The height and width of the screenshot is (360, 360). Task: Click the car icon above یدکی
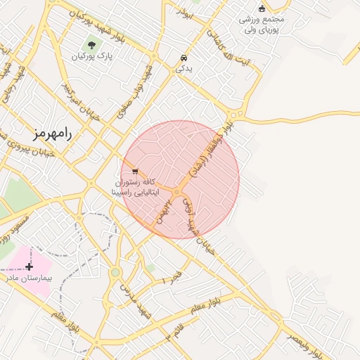click(184, 58)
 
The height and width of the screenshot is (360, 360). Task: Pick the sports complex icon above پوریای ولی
click(262, 8)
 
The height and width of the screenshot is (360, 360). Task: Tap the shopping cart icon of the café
click(134, 171)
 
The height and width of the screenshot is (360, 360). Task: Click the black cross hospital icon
click(29, 266)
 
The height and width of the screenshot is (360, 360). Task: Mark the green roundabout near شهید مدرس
click(115, 272)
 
